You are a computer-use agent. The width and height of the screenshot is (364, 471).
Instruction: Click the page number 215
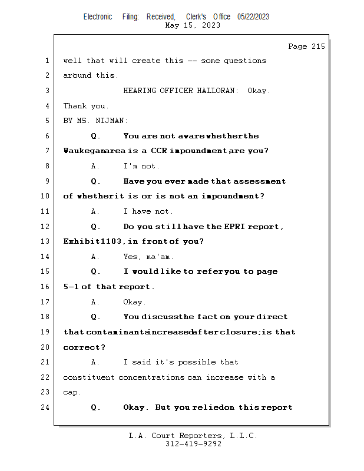click(x=318, y=47)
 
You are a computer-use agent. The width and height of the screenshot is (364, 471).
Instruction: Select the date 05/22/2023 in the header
click(x=253, y=17)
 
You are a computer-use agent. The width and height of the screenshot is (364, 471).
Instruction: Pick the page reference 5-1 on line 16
click(x=71, y=287)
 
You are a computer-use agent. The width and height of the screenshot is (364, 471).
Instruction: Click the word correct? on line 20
click(x=84, y=347)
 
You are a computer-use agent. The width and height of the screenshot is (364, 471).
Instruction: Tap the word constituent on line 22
click(x=89, y=377)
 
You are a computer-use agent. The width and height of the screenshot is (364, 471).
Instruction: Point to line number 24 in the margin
click(x=45, y=407)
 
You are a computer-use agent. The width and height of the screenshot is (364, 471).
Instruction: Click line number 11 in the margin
click(x=45, y=211)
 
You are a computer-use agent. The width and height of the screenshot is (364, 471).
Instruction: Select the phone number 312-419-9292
click(x=193, y=444)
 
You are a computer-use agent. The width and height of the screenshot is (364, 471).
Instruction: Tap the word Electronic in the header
click(x=98, y=17)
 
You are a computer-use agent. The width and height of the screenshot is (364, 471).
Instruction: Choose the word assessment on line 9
click(x=260, y=181)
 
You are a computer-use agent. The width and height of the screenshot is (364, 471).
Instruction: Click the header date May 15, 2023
click(x=193, y=25)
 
